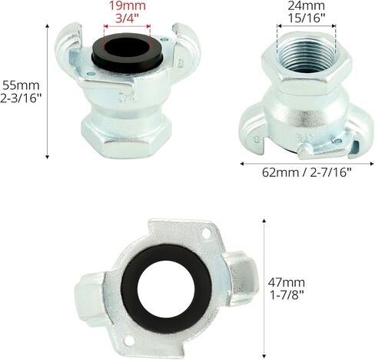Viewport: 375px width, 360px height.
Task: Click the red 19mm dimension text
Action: [128, 5]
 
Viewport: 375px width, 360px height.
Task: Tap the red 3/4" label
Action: [127, 18]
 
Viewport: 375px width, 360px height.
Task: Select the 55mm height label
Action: [21, 85]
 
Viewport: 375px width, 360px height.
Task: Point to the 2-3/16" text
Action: [21, 98]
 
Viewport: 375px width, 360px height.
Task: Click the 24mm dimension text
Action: [307, 5]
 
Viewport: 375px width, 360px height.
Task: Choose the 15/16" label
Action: [307, 18]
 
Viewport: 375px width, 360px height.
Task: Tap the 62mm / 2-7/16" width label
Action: [307, 172]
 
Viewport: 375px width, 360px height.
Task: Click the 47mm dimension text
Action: [287, 282]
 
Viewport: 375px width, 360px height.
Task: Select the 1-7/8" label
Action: [287, 295]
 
